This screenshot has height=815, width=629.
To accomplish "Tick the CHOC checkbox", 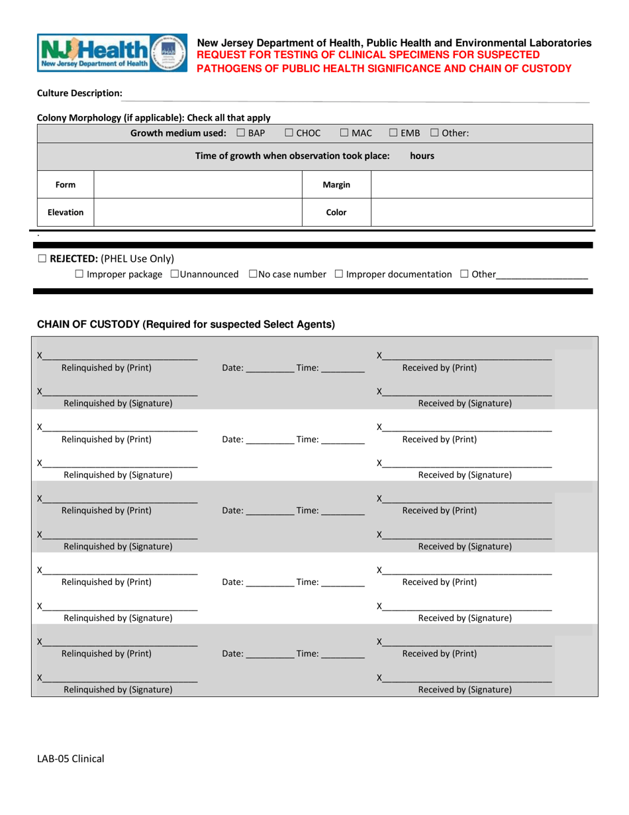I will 289,133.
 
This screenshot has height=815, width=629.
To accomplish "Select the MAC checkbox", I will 344,133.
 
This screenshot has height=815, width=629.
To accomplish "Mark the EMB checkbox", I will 393,133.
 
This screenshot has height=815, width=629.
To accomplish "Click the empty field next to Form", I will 198,185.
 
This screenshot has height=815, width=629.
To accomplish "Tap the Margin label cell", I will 336,185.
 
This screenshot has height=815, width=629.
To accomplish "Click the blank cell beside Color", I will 481,213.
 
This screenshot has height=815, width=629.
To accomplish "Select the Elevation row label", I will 65,213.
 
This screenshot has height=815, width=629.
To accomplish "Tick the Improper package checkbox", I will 79,274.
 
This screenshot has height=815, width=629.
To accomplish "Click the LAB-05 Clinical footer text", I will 70,759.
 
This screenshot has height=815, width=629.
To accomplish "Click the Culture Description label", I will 79,93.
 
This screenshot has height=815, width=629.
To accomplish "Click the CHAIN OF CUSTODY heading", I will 185,324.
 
